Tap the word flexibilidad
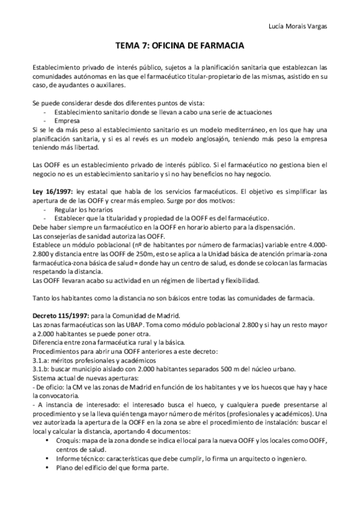click(x=239, y=280)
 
